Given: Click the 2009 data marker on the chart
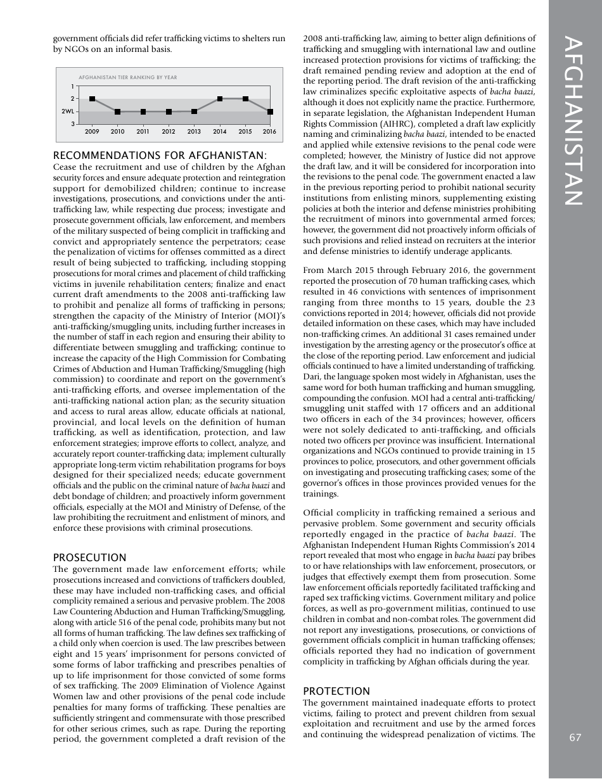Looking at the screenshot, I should tap(93, 99).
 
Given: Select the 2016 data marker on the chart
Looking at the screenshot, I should tap(271, 111).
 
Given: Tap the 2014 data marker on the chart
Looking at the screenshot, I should tap(220, 99).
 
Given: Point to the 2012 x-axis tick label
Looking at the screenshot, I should tap(169, 132).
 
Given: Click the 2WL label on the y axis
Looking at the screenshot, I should tap(67, 111).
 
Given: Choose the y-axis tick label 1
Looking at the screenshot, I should tap(72, 86).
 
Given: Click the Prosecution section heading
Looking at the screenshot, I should tap(89, 557).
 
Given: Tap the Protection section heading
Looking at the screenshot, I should tap(335, 691).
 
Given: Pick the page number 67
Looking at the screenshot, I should tap(575, 737).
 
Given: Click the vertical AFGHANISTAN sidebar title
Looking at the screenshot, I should tap(575, 120).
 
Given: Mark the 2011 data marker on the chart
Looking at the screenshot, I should tap(143, 111).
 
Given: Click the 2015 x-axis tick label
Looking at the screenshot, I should tap(245, 132).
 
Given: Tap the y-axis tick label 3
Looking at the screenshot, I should tap(72, 124).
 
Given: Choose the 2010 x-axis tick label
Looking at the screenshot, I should tap(118, 132).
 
